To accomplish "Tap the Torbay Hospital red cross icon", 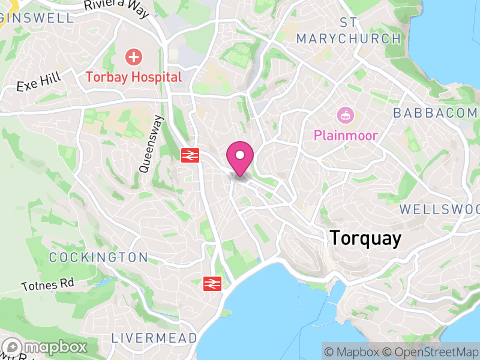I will pyautogui.click(x=134, y=58).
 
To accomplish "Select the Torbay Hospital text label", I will pyautogui.click(x=133, y=77).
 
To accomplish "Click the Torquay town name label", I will pyautogui.click(x=365, y=238).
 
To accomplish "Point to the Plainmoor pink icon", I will pyautogui.click(x=346, y=115).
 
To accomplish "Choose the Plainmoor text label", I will pyautogui.click(x=346, y=136).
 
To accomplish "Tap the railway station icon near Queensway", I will pyautogui.click(x=190, y=155).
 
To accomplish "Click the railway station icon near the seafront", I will pyautogui.click(x=212, y=283).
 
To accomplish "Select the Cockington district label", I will pyautogui.click(x=98, y=257).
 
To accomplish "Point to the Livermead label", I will pyautogui.click(x=154, y=338).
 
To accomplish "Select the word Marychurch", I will pyautogui.click(x=349, y=39).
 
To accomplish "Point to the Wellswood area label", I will pyautogui.click(x=440, y=209).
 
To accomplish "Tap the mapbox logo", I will pyautogui.click(x=46, y=347).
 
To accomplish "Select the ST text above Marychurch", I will pyautogui.click(x=349, y=23).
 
